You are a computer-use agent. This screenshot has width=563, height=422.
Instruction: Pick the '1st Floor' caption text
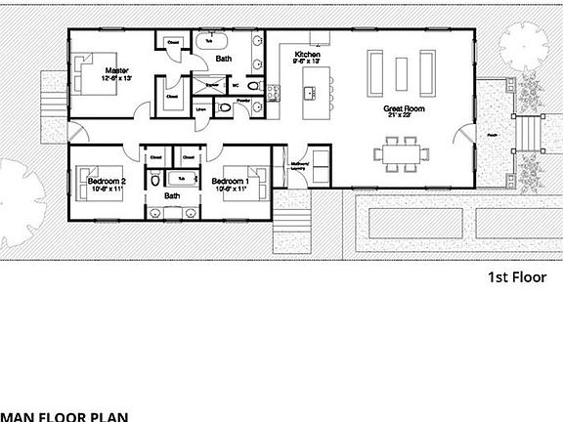(515, 277)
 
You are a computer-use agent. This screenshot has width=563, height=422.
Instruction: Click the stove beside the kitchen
(275, 93)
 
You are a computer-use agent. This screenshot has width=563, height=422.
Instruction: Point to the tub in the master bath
(210, 41)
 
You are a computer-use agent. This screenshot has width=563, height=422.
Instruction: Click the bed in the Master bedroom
(90, 88)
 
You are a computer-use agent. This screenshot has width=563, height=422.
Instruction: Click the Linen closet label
(202, 109)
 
